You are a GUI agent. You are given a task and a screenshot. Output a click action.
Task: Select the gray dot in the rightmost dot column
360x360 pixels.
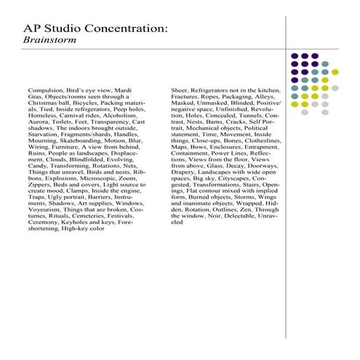335,87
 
